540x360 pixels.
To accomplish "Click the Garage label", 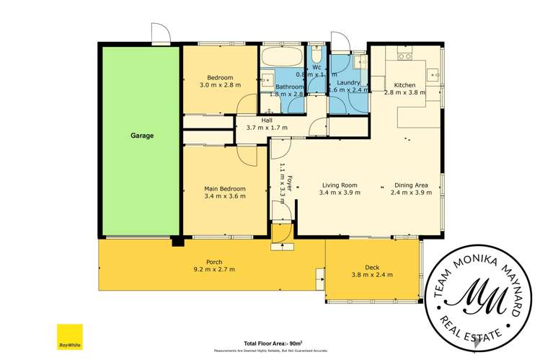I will [142, 135].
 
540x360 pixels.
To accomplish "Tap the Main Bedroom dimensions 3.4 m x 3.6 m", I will [225, 196].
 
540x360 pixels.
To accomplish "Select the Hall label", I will [267, 120].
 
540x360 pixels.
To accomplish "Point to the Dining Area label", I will [411, 185].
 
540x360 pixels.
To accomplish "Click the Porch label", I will [214, 261].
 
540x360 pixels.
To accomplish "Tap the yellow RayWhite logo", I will [68, 337].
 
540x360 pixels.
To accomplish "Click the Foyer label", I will [290, 182].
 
